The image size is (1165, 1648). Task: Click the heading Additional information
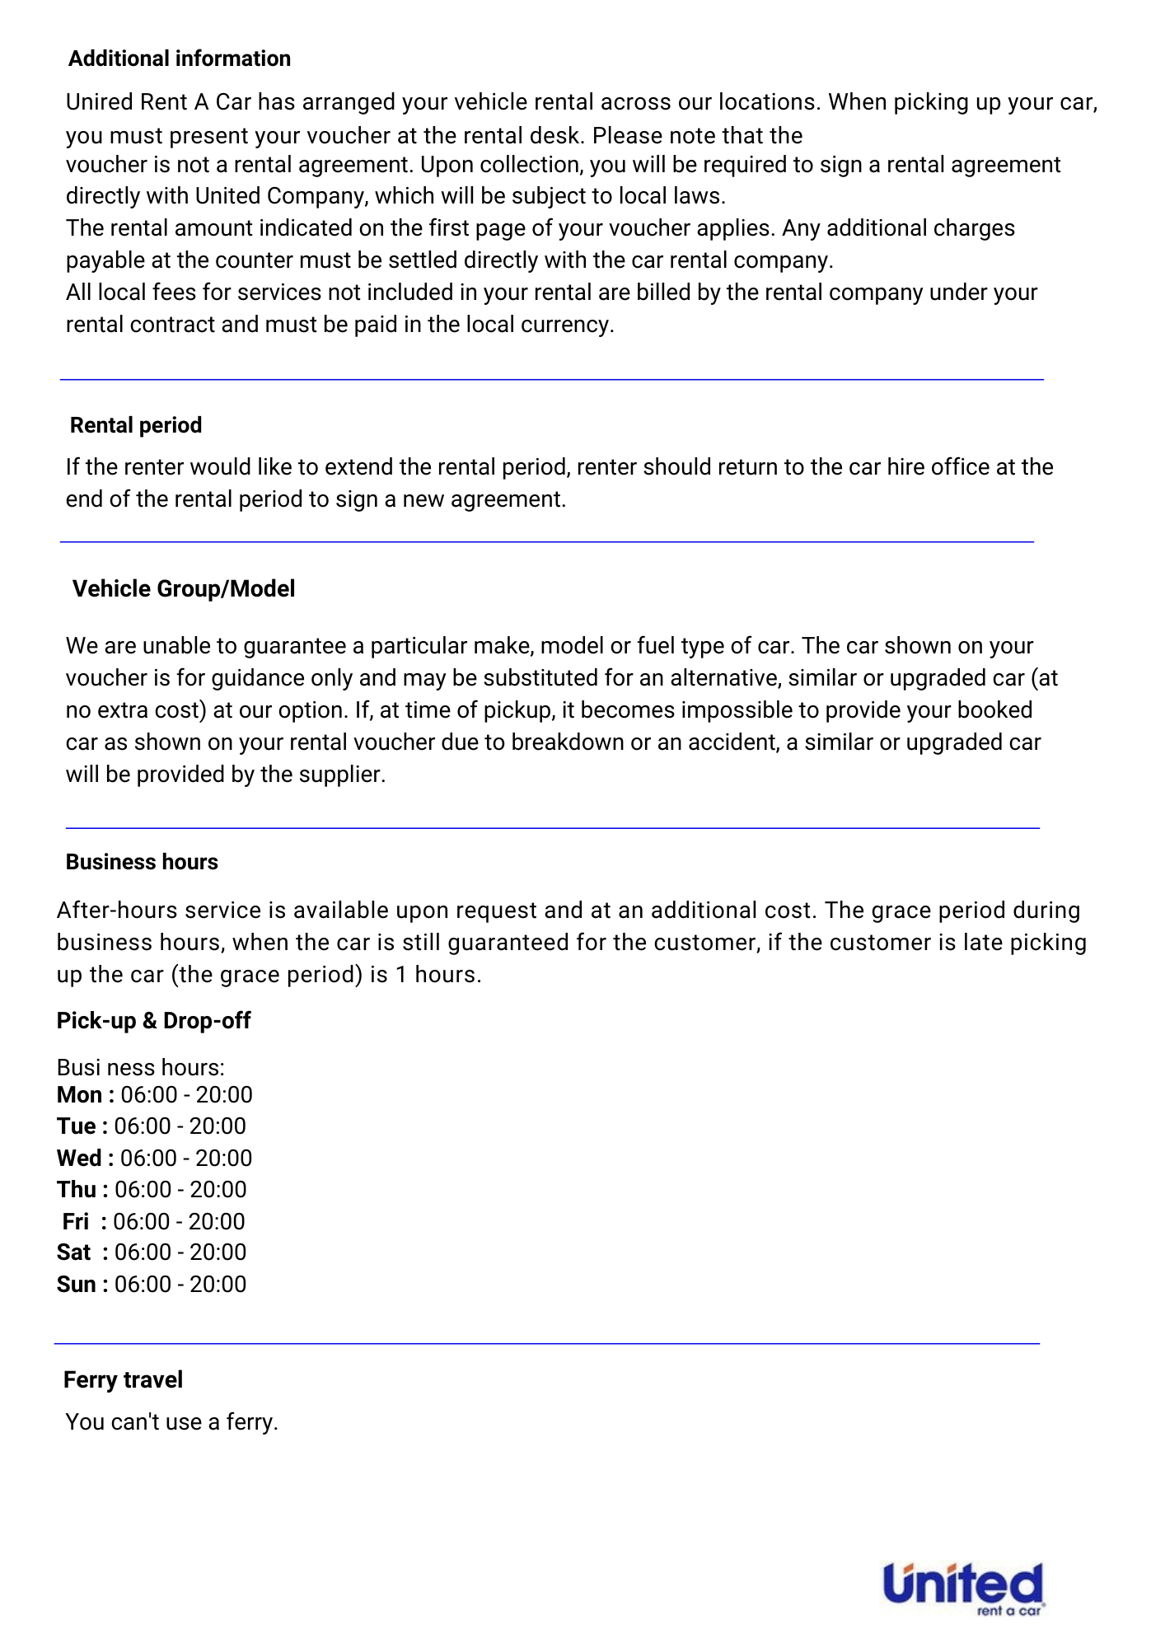[180, 59]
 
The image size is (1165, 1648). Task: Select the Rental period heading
[136, 425]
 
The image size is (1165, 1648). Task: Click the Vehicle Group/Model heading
[184, 588]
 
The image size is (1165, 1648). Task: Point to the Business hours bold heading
[142, 862]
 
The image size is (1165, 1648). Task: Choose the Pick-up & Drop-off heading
[153, 1020]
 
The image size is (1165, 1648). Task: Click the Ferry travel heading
[123, 1379]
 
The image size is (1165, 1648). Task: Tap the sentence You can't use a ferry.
[172, 1421]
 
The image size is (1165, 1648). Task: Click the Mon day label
[80, 1095]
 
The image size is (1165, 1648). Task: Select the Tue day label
[77, 1126]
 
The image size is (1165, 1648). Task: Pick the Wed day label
[80, 1159]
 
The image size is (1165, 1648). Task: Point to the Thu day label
[77, 1190]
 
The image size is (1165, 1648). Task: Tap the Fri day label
[76, 1221]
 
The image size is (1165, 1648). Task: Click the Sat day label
[74, 1252]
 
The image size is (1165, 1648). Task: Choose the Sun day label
[77, 1285]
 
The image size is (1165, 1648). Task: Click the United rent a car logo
[963, 1587]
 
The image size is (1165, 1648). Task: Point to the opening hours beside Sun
[180, 1285]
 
